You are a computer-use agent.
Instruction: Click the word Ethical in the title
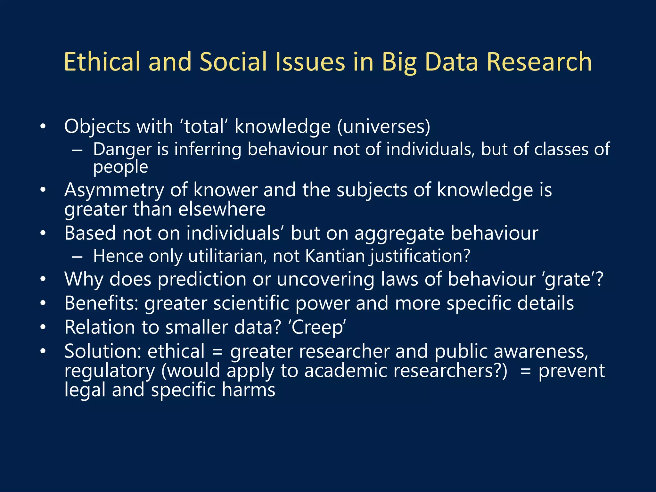102,61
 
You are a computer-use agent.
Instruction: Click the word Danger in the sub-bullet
122,149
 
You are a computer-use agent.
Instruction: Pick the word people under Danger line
120,167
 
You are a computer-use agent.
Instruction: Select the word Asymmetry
114,190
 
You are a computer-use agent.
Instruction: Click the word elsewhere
222,209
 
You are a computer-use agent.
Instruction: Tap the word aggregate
399,233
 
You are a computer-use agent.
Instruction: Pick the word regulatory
110,371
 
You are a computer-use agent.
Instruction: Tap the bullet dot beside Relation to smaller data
43,327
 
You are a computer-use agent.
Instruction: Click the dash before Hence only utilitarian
77,257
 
